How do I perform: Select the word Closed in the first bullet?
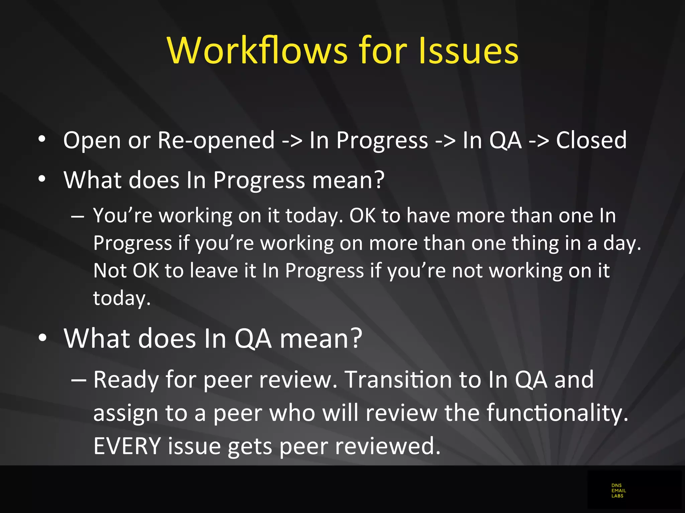tap(591, 140)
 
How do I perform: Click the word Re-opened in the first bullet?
tap(216, 140)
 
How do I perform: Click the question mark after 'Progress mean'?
tap(379, 180)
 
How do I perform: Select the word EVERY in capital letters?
tap(127, 446)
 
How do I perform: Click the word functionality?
tap(557, 413)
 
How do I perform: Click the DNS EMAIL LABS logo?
tap(618, 491)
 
